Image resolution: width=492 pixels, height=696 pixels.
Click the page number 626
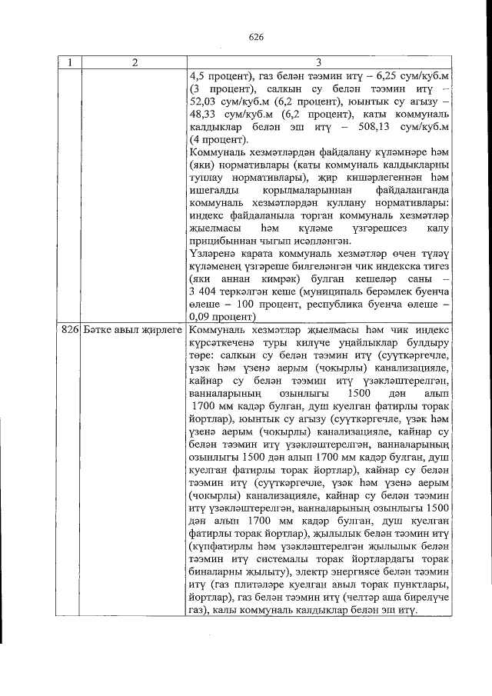(257, 37)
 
